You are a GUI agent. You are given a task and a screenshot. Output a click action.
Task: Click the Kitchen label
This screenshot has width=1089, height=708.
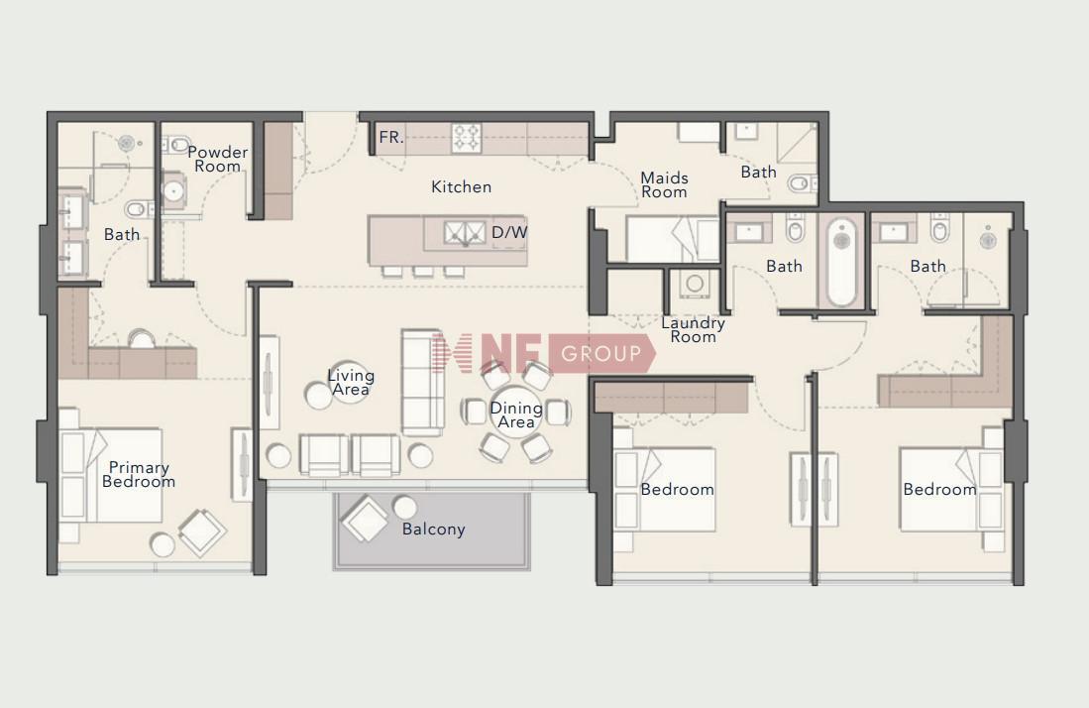pyautogui.click(x=461, y=186)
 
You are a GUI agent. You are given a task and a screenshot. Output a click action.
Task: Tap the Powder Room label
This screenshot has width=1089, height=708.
pyautogui.click(x=217, y=159)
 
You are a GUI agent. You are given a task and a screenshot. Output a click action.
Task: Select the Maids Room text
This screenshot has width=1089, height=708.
pyautogui.click(x=664, y=184)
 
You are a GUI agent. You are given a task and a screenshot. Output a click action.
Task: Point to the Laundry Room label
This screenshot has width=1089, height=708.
pyautogui.click(x=693, y=330)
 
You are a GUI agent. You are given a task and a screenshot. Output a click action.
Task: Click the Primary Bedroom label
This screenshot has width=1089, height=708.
pyautogui.click(x=139, y=475)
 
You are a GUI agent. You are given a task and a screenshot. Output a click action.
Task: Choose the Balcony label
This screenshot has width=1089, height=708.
pyautogui.click(x=433, y=530)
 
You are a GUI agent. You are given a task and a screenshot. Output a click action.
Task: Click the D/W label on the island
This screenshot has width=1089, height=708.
pyautogui.click(x=509, y=233)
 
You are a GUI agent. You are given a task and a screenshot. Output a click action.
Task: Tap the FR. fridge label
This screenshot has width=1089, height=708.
pyautogui.click(x=391, y=138)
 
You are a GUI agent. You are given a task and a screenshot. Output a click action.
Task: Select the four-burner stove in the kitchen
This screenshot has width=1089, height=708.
pyautogui.click(x=467, y=138)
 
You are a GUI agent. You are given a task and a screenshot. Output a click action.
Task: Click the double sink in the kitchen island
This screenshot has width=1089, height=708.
pyautogui.click(x=466, y=233)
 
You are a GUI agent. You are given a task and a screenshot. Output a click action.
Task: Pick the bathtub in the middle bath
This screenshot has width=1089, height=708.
pyautogui.click(x=841, y=262)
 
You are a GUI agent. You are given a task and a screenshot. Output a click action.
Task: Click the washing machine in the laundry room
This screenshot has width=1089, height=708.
pyautogui.click(x=694, y=284)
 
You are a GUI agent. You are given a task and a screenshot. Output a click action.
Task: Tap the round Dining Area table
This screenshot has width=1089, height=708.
pyautogui.click(x=516, y=413)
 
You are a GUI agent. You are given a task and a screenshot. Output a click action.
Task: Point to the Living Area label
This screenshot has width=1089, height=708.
pyautogui.click(x=351, y=383)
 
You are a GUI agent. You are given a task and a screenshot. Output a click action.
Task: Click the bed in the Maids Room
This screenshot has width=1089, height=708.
pyautogui.click(x=672, y=240)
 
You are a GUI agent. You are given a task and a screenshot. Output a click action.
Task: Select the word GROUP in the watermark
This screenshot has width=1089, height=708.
pyautogui.click(x=601, y=354)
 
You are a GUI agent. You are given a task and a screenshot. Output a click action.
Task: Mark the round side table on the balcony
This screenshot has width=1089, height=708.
pyautogui.click(x=405, y=508)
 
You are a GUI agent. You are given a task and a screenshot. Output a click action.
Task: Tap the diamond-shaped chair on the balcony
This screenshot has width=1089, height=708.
pyautogui.click(x=365, y=519)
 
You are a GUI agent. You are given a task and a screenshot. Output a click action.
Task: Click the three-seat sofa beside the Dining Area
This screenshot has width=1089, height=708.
pyautogui.click(x=422, y=382)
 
